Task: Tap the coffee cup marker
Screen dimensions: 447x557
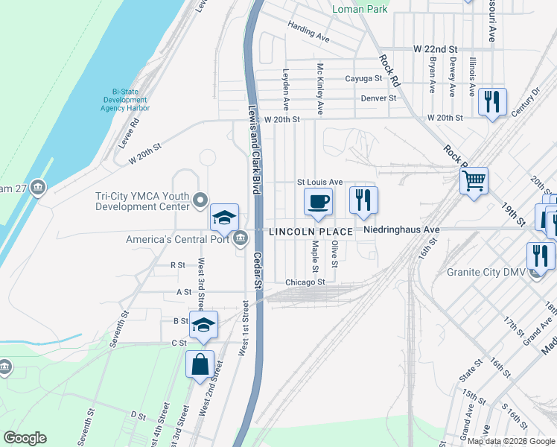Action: click(x=318, y=202)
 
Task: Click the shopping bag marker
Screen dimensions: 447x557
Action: click(x=200, y=365)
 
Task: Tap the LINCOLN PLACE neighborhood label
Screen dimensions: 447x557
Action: click(x=311, y=231)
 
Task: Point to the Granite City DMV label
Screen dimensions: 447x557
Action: click(x=486, y=272)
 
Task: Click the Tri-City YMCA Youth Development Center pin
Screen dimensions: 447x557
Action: click(x=200, y=200)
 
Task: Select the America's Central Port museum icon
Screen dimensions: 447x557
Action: click(x=241, y=239)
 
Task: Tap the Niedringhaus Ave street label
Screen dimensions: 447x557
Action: click(x=401, y=230)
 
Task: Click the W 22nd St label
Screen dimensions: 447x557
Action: click(x=439, y=48)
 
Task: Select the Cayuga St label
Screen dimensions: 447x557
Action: click(x=363, y=78)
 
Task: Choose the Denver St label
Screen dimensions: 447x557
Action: click(x=378, y=98)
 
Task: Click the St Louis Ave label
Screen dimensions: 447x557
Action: click(x=319, y=182)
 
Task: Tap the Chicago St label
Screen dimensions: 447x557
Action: click(x=305, y=282)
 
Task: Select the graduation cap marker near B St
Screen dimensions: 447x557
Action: click(x=203, y=325)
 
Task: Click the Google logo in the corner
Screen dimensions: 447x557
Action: click(x=25, y=438)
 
